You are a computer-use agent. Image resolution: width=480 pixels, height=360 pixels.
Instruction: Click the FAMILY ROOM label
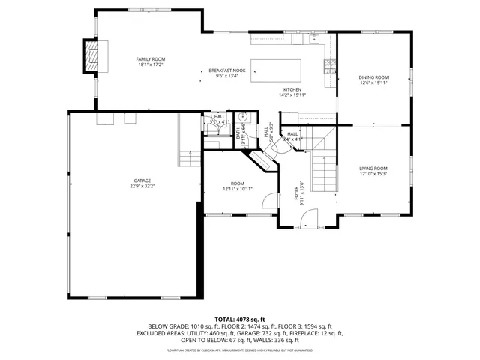pos(151,59)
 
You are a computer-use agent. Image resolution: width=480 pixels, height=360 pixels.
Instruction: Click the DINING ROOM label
pos(373,77)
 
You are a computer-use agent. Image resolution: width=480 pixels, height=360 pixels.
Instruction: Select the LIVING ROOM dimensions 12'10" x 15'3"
pos(373,174)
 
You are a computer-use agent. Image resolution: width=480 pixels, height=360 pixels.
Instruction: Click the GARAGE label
pos(142,180)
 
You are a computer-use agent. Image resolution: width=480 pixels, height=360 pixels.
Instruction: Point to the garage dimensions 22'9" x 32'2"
pos(142,186)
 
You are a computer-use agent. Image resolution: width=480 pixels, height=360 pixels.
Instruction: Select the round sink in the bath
pos(243,117)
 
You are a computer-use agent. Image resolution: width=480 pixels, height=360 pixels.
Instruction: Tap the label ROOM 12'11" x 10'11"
pos(238,186)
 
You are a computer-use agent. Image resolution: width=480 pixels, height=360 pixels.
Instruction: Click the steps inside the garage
pos(189,157)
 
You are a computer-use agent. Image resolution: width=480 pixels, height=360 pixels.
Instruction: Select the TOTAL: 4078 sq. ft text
pos(239,319)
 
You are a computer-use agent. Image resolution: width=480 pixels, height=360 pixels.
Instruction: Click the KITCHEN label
pos(292,89)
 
